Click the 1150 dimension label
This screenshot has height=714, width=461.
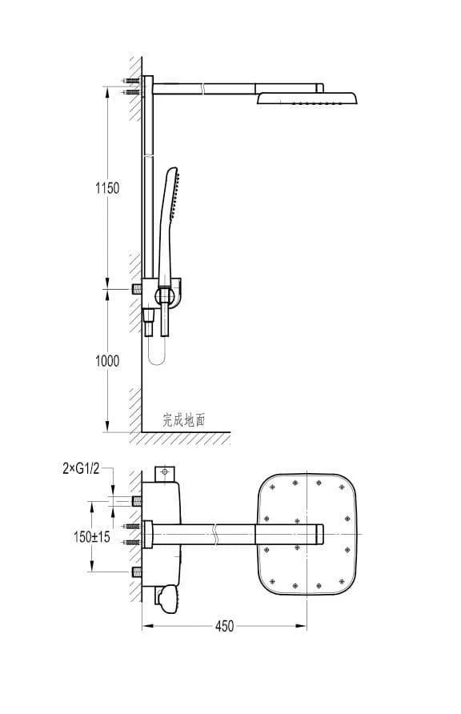coord(107,187)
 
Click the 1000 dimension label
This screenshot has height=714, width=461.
coord(107,361)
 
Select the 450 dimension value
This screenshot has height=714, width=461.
coord(224,626)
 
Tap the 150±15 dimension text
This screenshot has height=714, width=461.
coord(92,537)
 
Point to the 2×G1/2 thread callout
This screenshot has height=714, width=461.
coord(81,468)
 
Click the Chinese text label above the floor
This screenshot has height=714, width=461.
coord(184,420)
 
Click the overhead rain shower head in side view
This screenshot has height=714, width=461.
coord(307,98)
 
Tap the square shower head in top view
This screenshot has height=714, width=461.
coord(307,534)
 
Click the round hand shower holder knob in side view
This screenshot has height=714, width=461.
coord(164,296)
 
